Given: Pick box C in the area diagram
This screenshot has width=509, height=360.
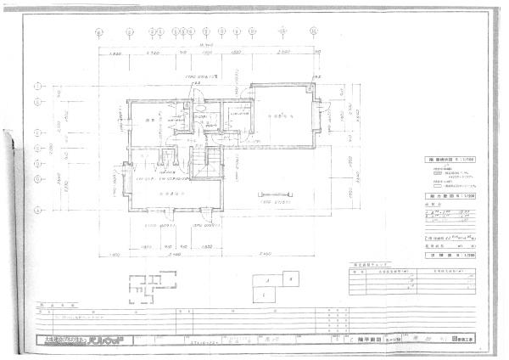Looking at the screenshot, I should point(265,295).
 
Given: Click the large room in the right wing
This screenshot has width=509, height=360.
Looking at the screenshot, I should point(280,119).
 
